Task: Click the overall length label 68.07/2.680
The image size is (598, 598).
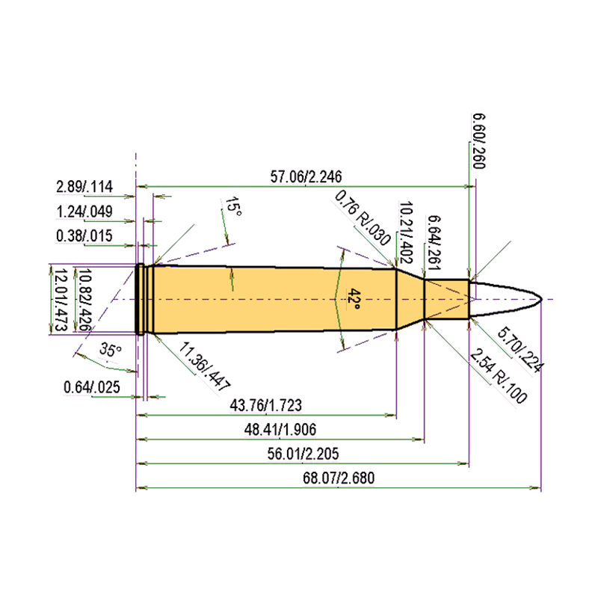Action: (x=339, y=478)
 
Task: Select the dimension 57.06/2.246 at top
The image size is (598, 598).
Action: (x=306, y=176)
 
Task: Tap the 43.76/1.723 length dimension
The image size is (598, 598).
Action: (x=266, y=405)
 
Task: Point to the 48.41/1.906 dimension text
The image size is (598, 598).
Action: (x=280, y=429)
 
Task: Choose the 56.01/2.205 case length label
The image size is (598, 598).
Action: (x=303, y=454)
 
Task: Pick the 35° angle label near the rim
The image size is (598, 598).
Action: (x=111, y=349)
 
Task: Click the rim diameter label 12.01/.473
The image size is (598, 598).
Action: (x=61, y=300)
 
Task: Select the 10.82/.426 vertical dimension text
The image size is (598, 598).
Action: (x=84, y=300)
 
